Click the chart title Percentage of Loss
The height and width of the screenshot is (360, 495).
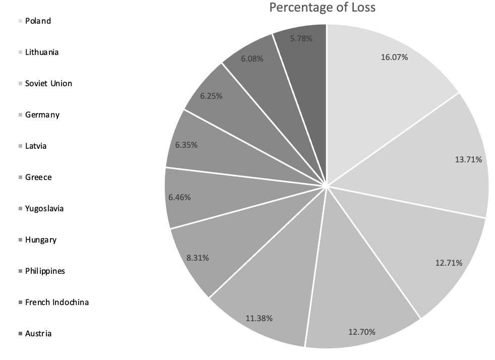323,8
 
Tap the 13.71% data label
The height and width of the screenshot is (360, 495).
468,160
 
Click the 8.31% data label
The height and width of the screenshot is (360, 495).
198,258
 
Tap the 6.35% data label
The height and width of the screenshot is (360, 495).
186,145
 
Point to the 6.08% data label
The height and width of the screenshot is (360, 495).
252,58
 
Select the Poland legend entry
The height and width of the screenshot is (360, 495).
38,21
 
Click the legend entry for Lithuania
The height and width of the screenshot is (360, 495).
41,52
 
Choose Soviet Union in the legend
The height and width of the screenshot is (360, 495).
48,83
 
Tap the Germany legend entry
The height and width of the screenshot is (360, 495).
42,114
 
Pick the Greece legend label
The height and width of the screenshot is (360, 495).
38,177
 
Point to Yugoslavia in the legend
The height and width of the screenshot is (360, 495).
44,208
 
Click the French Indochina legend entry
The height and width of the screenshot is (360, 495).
56,302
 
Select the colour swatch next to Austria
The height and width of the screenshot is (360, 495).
20,334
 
